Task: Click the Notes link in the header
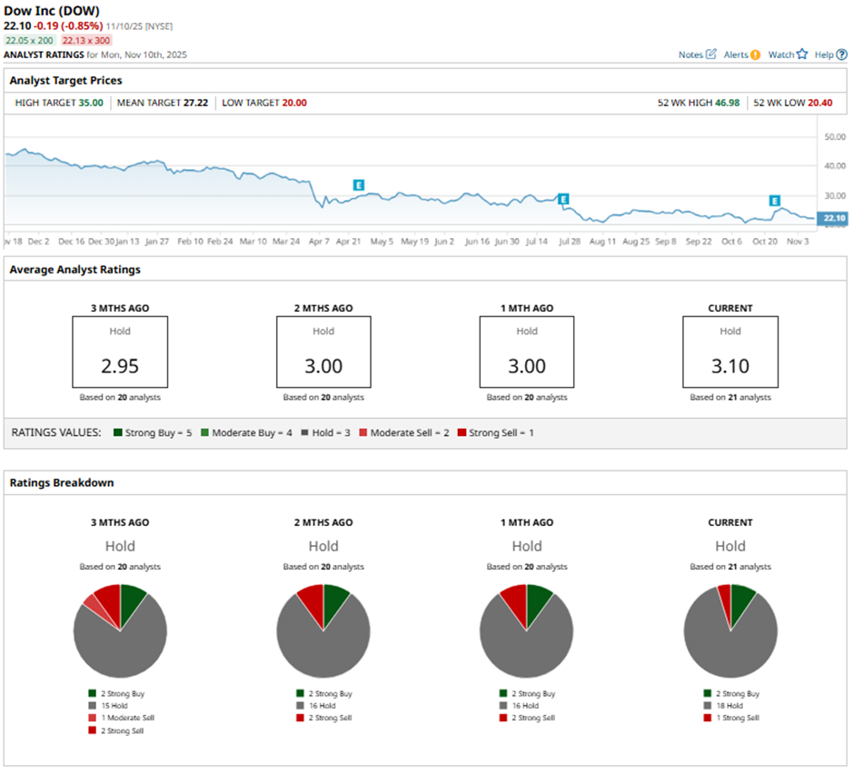tap(697, 55)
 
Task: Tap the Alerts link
tap(741, 55)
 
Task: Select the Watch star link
tap(787, 55)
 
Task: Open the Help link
tap(830, 55)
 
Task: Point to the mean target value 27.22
tap(198, 103)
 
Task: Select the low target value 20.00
tap(294, 103)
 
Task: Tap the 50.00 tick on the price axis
tap(834, 136)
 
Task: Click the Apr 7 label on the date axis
tap(319, 243)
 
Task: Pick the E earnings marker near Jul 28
tap(563, 199)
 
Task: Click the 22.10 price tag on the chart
tap(833, 218)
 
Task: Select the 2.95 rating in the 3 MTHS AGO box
tap(120, 366)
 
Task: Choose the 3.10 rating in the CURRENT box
tap(730, 366)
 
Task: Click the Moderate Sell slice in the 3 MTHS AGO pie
tap(94, 603)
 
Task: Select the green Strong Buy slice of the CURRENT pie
tap(742, 598)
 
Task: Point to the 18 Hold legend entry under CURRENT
tap(734, 705)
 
